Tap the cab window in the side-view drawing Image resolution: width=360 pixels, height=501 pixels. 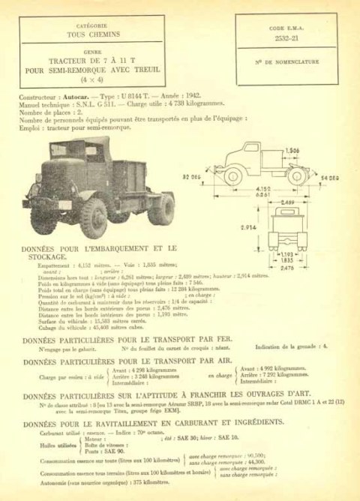pyautogui.click(x=250, y=148)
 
